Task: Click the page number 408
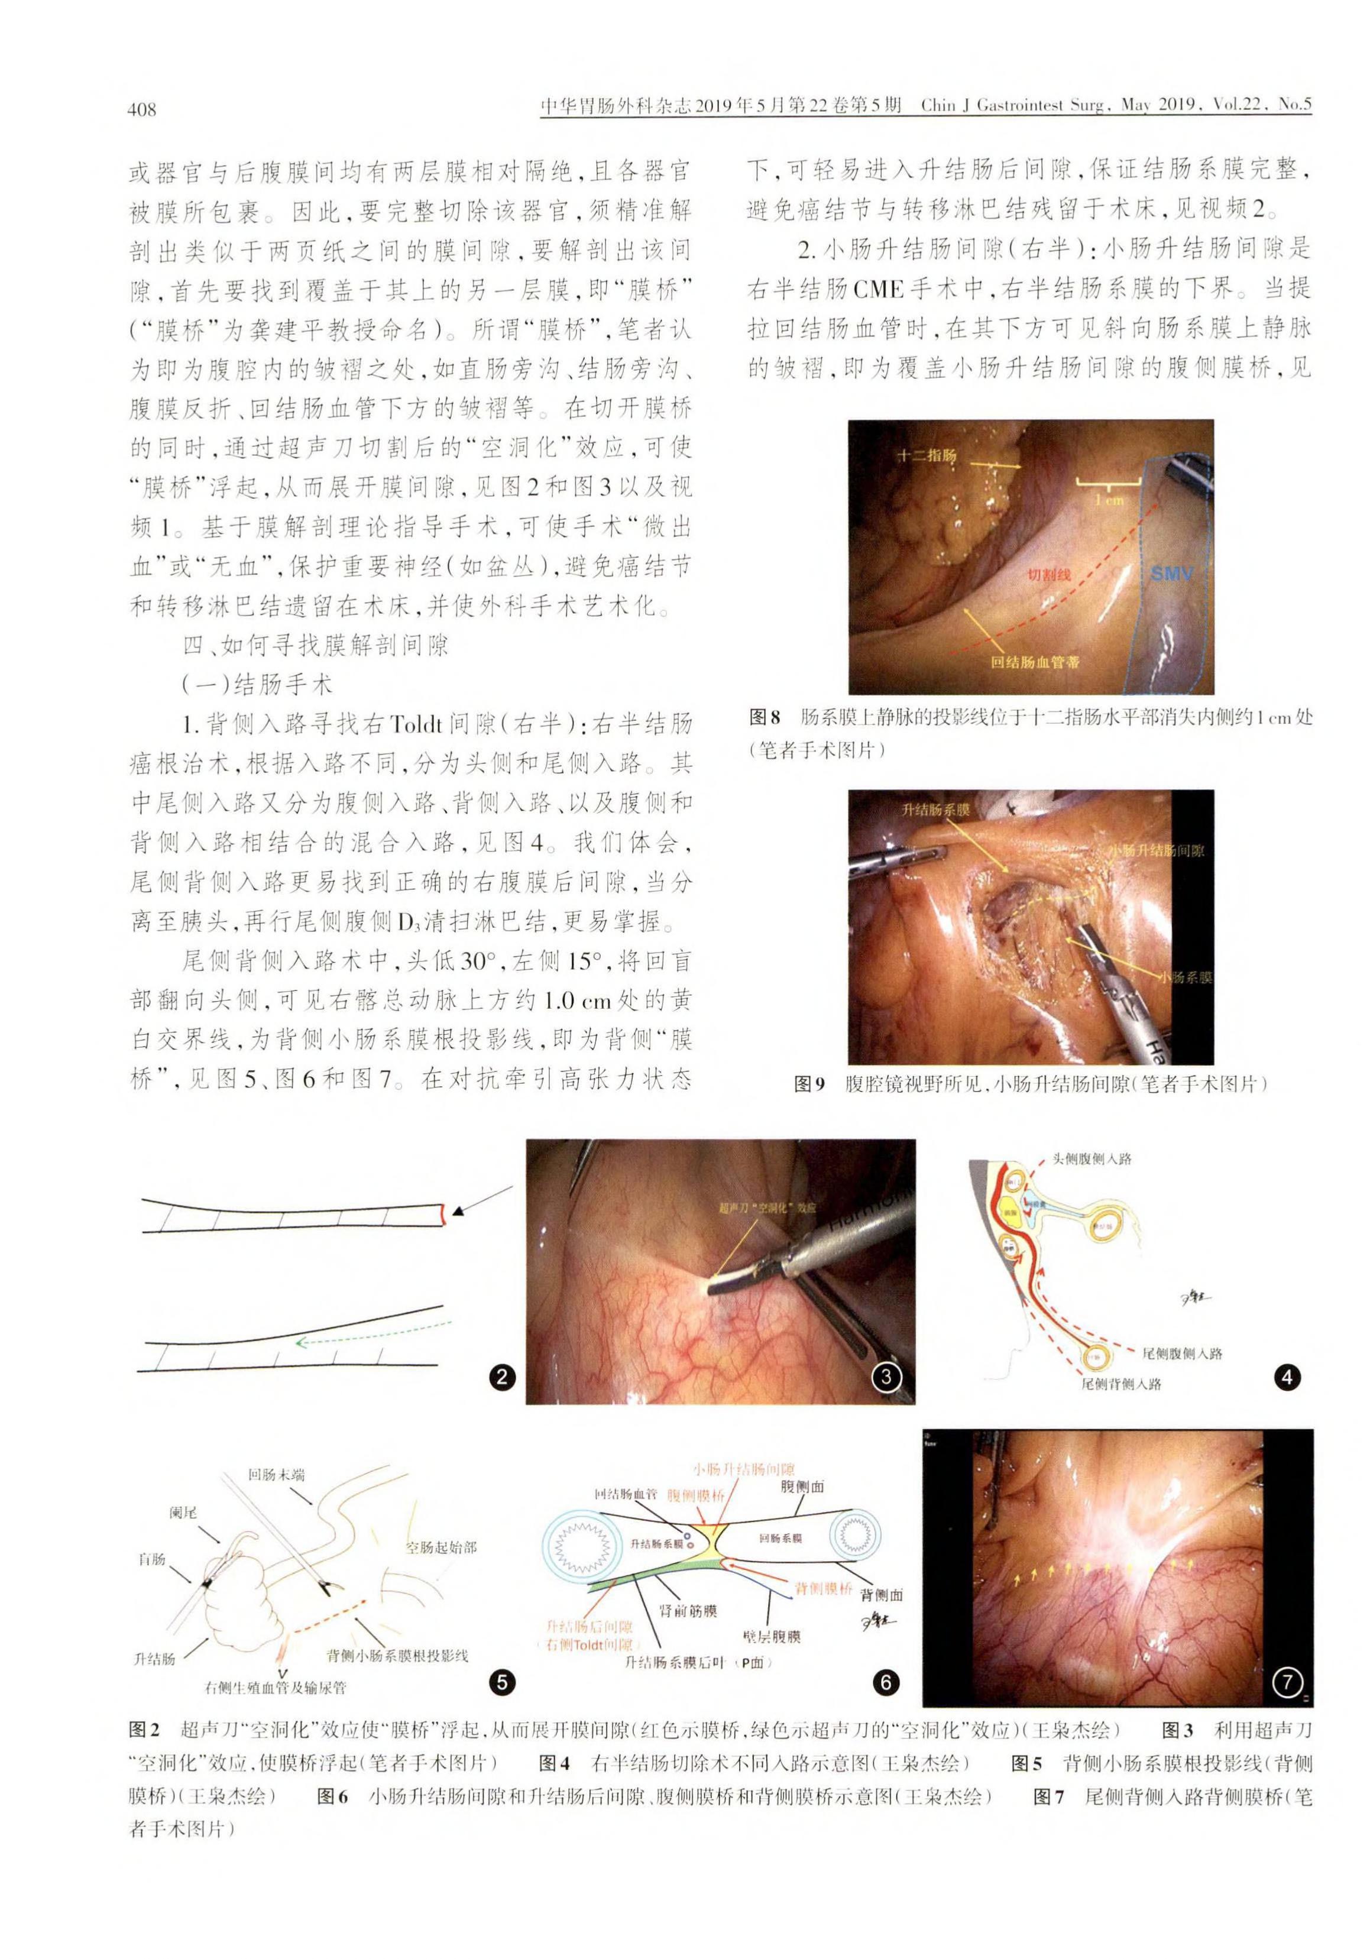[141, 109]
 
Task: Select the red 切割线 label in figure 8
[1048, 575]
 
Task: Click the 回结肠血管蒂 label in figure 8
[1035, 661]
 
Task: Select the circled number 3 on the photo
[886, 1375]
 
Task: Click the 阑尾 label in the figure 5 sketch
[183, 1512]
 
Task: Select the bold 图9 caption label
[809, 1084]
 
